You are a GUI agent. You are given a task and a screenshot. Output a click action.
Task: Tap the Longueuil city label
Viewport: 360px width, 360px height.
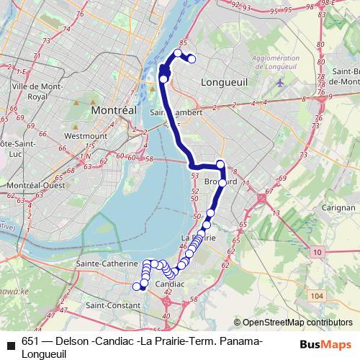click(225, 83)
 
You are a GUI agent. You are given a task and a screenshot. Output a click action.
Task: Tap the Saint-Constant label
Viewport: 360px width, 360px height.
click(110, 305)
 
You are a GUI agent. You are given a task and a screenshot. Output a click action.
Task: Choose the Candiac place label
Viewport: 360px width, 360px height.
click(171, 284)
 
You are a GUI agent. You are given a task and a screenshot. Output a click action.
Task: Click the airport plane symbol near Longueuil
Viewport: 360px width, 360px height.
click(279, 81)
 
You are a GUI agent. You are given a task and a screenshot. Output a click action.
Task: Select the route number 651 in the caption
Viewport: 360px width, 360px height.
click(30, 341)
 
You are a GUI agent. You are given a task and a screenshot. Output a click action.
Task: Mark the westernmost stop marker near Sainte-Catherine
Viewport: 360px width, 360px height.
click(137, 286)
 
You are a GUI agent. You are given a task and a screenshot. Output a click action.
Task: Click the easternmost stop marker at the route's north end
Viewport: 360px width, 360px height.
click(192, 59)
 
